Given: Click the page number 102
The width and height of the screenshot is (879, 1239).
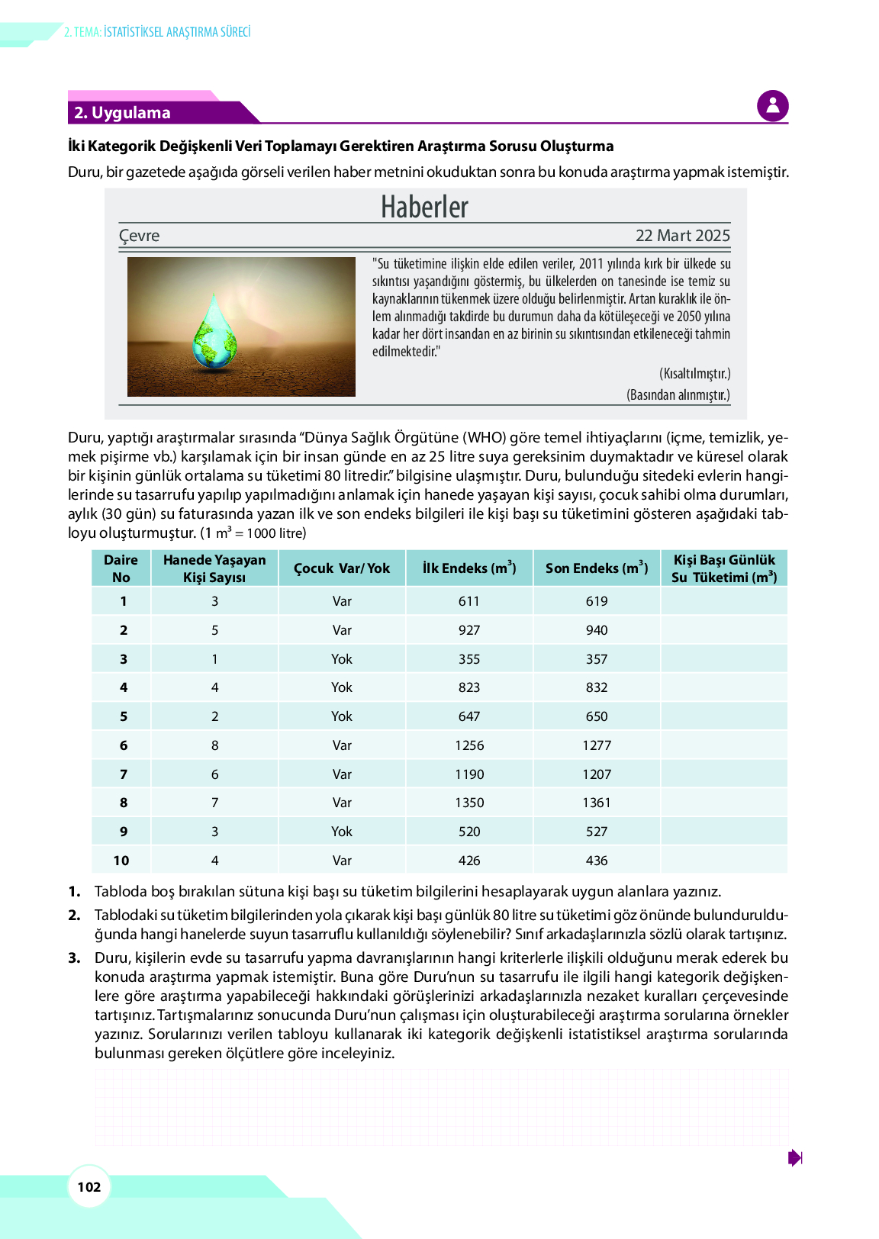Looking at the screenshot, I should (x=89, y=1186).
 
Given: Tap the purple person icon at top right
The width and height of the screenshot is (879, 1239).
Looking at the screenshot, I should (x=772, y=106).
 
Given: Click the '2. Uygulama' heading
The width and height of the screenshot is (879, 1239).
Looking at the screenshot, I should (x=122, y=113).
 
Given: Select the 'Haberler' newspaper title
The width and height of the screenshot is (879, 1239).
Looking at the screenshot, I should (x=425, y=207).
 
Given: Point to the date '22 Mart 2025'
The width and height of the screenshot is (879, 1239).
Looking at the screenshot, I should (x=682, y=236).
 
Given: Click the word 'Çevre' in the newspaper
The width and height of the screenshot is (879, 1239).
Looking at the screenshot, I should (x=140, y=236).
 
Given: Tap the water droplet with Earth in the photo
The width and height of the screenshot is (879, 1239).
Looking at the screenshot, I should (x=215, y=334).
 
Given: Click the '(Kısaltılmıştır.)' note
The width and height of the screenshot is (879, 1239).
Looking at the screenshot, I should (x=694, y=373).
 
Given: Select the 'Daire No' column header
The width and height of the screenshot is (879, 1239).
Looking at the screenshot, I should (x=121, y=568).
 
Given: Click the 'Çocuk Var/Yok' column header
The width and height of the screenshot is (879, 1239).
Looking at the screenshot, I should (x=342, y=568).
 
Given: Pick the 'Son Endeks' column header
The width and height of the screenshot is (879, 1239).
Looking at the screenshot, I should (x=597, y=568).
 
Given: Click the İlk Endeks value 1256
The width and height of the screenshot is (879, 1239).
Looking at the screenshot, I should (x=469, y=745).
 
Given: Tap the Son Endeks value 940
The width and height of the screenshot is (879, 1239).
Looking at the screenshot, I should (x=597, y=630).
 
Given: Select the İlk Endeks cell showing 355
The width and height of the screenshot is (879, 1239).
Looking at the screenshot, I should (x=469, y=659).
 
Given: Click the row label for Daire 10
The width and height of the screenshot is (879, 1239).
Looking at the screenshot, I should (x=121, y=861).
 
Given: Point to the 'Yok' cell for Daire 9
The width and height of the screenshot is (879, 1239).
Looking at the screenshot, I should (x=342, y=832).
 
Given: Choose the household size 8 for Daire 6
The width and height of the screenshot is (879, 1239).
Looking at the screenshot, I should (x=215, y=745).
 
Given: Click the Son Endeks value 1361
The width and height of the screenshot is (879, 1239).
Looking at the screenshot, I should (x=597, y=803).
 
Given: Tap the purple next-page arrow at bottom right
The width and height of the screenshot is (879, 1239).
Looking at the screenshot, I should (x=794, y=1157).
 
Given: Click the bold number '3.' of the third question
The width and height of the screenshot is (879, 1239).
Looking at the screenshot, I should (x=74, y=957).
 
